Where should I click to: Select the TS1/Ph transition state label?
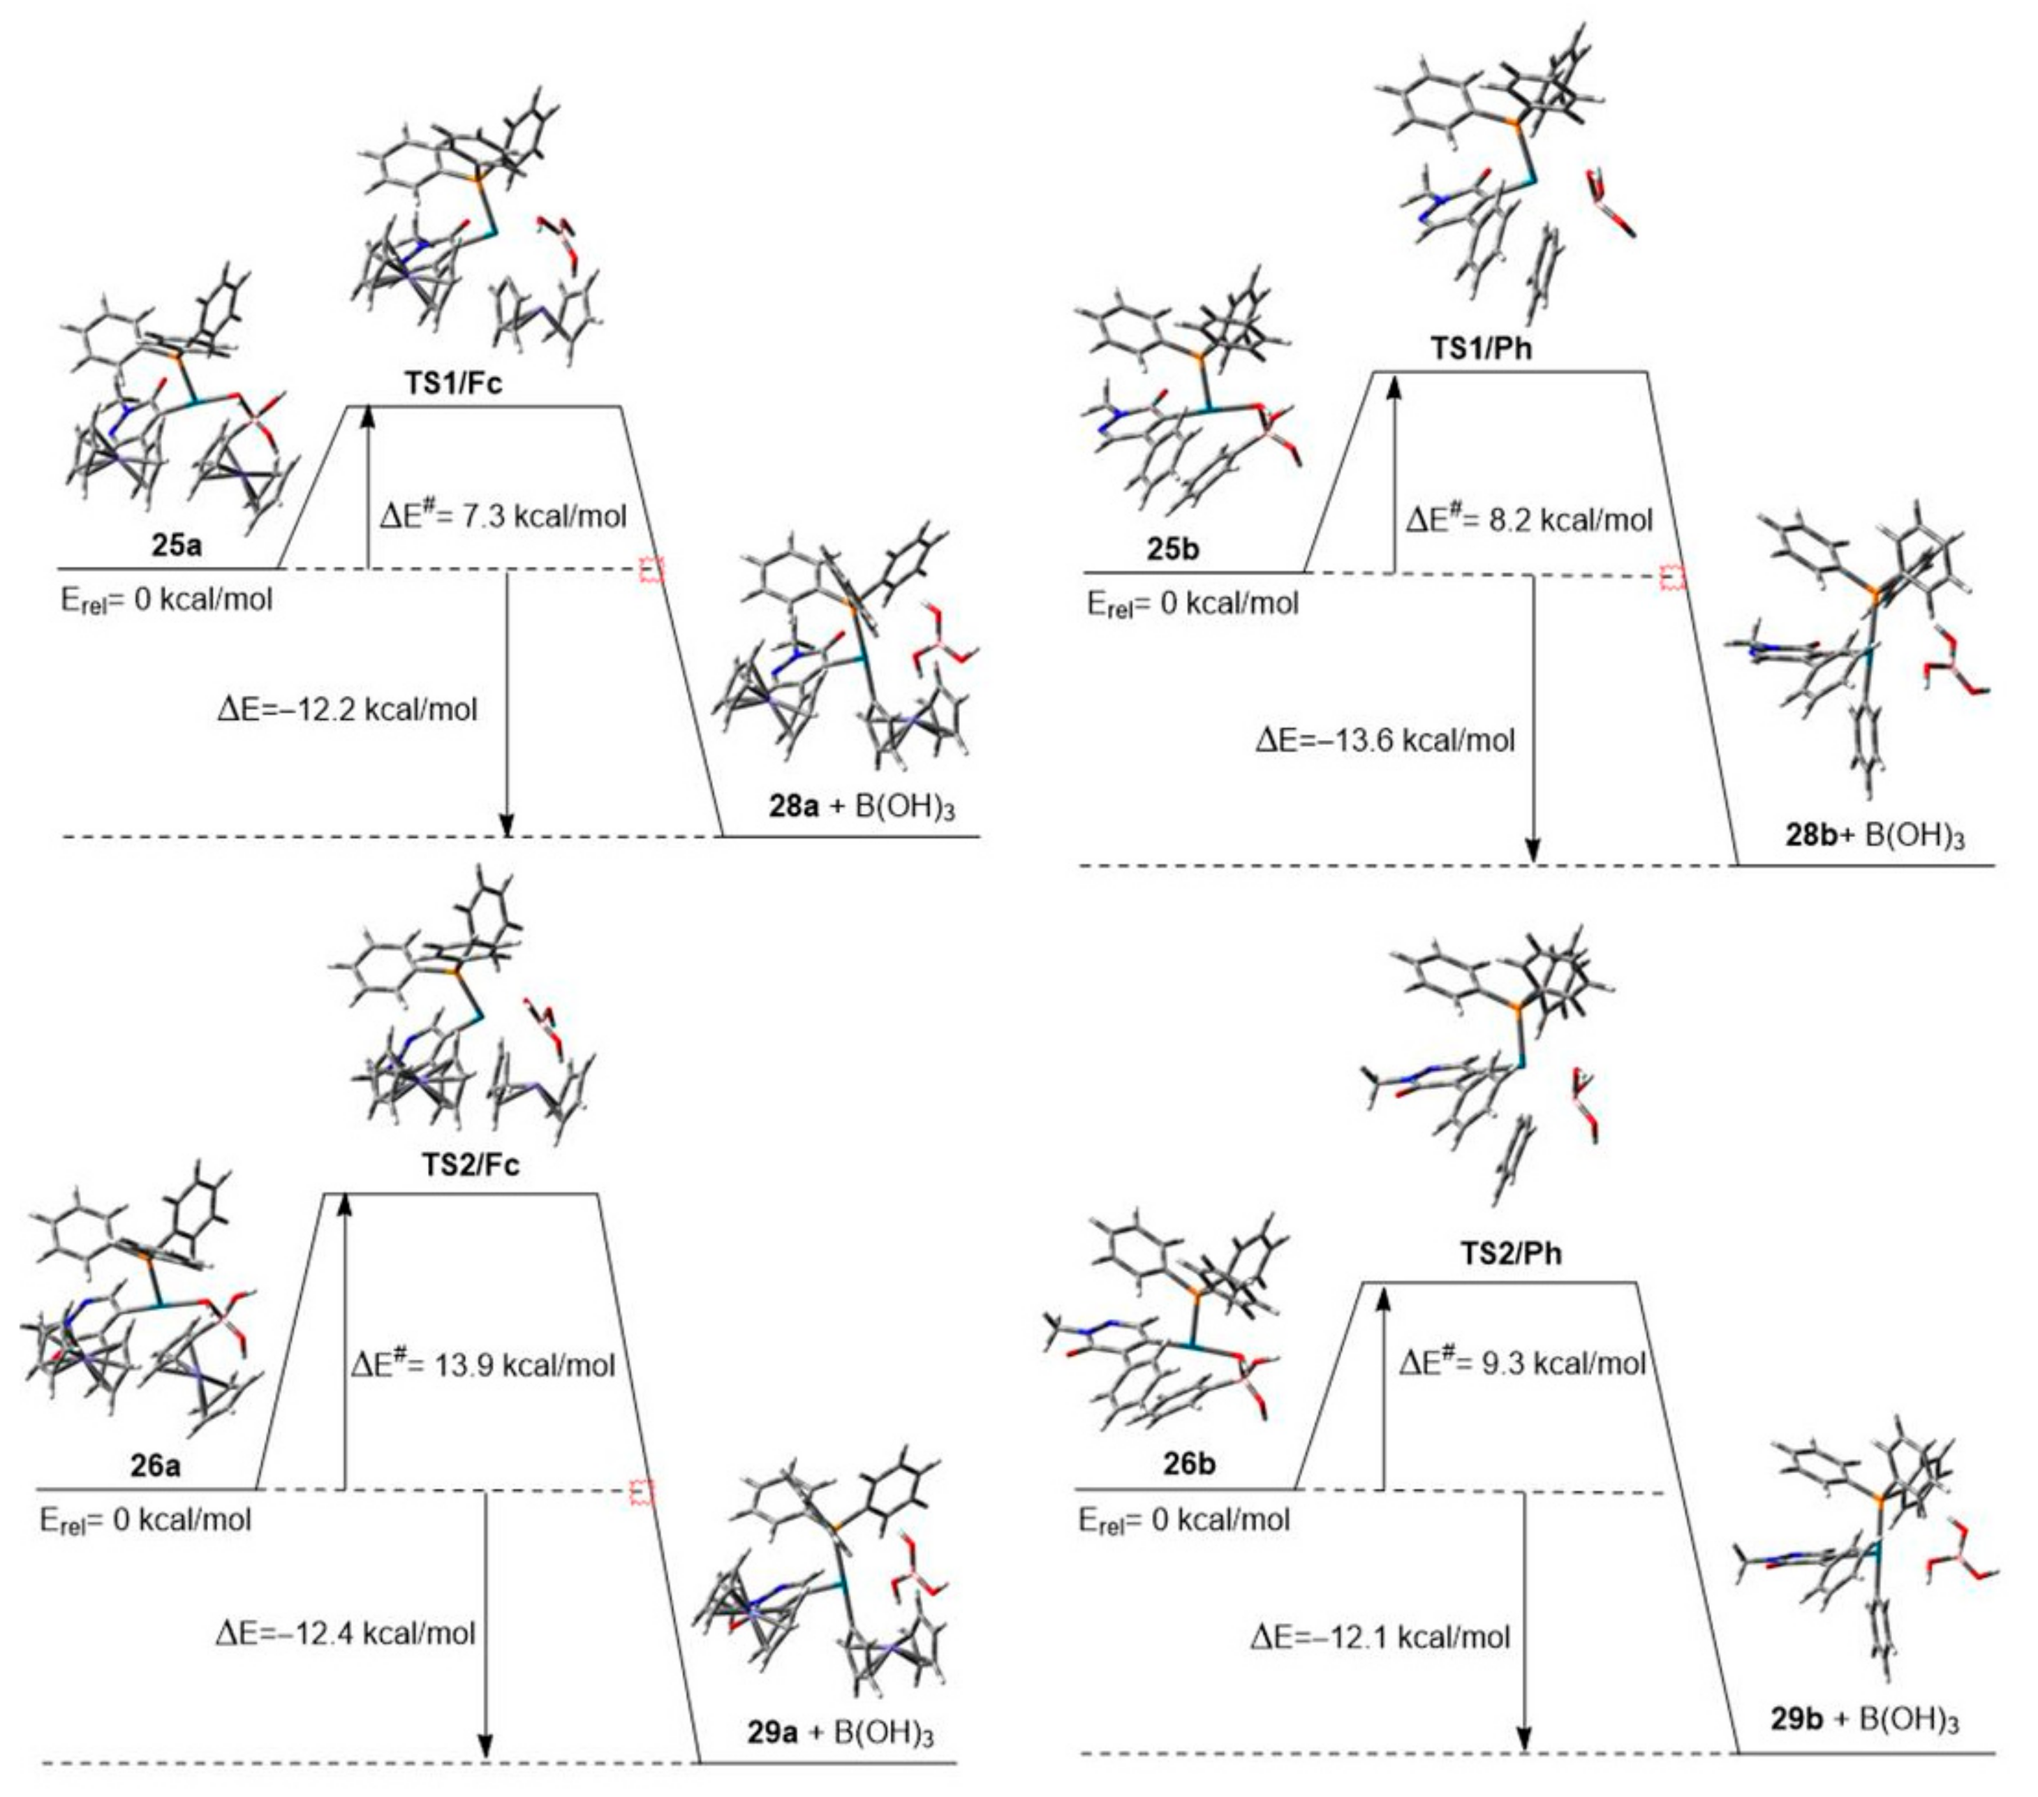click(x=1481, y=349)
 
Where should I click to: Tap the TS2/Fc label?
click(x=471, y=1164)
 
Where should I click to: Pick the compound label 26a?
click(x=156, y=1466)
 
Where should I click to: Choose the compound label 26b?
click(x=1188, y=1465)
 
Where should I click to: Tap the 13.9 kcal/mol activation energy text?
click(x=482, y=1364)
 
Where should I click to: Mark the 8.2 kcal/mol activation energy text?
click(x=1530, y=519)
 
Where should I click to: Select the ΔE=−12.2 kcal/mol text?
click(x=347, y=709)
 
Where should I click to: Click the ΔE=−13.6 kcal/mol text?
click(x=1385, y=740)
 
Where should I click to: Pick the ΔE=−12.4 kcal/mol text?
click(x=345, y=1632)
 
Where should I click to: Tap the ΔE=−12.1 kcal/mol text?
click(x=1381, y=1636)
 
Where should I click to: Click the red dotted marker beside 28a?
click(x=651, y=570)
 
